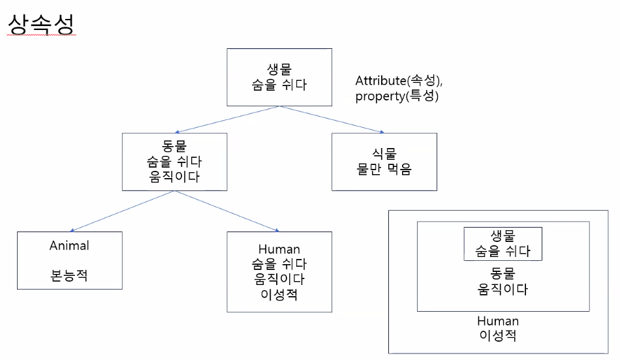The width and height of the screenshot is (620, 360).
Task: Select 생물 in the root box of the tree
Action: coord(279,68)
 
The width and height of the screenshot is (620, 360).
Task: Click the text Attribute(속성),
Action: coord(399,81)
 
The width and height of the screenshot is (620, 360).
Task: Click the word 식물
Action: coord(384,153)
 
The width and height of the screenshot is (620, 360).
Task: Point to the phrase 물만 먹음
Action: coord(384,169)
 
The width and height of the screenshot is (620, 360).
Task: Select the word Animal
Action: coord(69,246)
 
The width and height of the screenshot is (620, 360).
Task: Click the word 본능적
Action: coord(69,276)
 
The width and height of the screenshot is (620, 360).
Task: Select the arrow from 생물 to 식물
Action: coord(332,119)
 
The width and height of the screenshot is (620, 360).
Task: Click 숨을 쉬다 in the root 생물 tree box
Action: coord(279,84)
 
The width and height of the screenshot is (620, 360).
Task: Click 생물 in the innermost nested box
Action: coord(503,236)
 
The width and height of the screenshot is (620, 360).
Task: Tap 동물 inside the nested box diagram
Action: coord(503,273)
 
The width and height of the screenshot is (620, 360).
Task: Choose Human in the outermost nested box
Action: coord(498,322)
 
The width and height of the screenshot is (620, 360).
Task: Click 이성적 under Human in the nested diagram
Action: coord(498,337)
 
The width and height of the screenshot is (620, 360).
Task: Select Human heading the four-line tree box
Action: coord(279,249)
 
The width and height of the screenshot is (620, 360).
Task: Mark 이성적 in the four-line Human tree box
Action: coord(279,294)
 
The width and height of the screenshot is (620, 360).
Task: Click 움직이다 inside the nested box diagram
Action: coord(503,288)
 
